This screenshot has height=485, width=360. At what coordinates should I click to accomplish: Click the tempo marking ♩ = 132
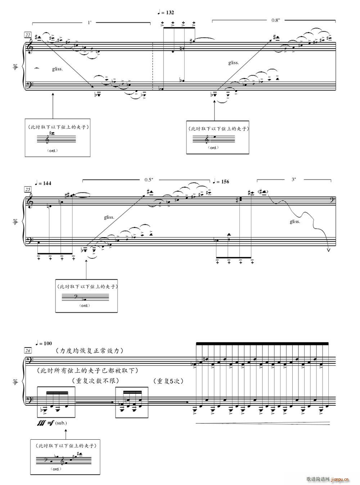coord(166,13)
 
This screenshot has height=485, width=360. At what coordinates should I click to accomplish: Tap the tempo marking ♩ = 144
coord(43,183)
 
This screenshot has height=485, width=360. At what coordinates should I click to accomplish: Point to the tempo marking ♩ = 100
coord(44,343)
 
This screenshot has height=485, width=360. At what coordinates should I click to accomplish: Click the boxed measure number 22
coord(28,35)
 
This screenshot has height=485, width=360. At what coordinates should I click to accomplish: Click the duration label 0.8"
coord(275,21)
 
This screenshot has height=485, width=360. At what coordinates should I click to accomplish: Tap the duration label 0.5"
coord(149,180)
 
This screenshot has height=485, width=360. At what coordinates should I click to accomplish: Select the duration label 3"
coord(294,179)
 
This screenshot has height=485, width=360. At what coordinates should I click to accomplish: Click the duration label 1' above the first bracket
coord(90,23)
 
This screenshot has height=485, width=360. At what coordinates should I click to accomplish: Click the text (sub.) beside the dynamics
coord(61,423)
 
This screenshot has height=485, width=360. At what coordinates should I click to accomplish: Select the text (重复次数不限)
coord(95,381)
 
